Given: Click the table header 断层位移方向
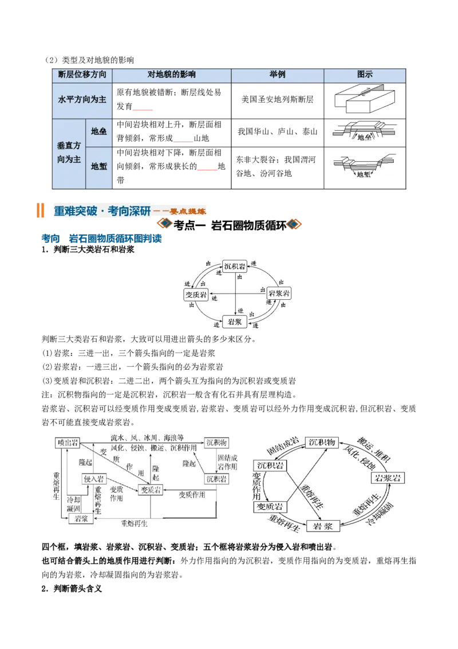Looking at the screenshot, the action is pos(82,75).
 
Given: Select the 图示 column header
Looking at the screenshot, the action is pos(365,75).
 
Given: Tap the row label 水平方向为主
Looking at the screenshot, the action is pos(82,99).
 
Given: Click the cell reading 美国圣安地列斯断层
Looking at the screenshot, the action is pos(277,99).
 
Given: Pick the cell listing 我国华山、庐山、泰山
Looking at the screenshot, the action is pos(277,132).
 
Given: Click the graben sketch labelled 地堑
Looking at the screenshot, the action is pos(364,166).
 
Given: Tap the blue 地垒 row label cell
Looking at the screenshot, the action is pos(99,132).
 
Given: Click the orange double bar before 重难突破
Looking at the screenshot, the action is pos(40,210).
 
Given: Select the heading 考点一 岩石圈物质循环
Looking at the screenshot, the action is pos(230,225).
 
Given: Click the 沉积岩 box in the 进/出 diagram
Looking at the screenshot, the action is pos(235,266).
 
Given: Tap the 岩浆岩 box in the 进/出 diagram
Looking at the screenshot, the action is pos(279,293).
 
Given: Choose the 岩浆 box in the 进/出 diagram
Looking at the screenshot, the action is pos(235,322).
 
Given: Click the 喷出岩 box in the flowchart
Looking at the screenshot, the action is pos(68,443).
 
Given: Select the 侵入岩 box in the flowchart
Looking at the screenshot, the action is pos(94,479).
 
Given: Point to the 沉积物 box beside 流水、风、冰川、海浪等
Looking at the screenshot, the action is pos(216,443).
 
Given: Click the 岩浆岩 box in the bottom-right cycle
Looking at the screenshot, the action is pos(388,478).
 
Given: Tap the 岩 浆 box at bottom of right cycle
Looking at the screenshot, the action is pos(323,526).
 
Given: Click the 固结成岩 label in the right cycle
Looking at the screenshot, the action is pos(283,446).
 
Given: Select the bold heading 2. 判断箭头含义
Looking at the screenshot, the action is pos(72,589).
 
